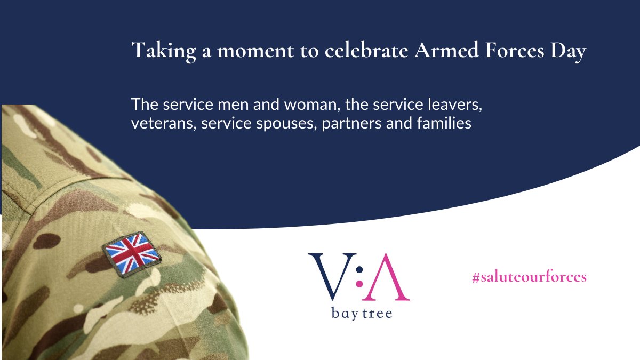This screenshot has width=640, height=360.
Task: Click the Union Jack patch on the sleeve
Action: coord(132,253)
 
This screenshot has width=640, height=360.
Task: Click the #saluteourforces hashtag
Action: coord(529,277)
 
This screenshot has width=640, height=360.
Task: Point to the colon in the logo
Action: coord(358,277)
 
